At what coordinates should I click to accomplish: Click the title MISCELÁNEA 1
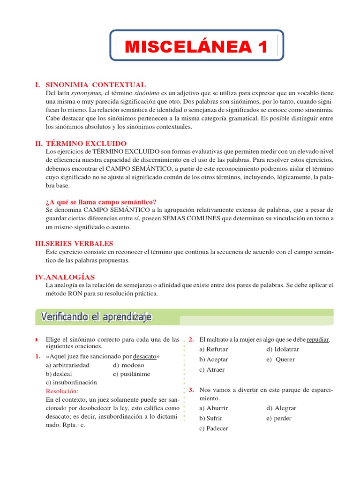click(196, 47)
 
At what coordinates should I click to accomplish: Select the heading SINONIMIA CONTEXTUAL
click(95, 85)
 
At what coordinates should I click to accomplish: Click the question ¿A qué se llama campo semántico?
click(101, 202)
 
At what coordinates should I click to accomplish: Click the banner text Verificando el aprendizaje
click(96, 317)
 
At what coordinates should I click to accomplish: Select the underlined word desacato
click(145, 357)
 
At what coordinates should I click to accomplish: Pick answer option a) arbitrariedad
click(67, 365)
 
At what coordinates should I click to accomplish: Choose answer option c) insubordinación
click(71, 382)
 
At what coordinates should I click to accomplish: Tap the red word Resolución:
click(62, 391)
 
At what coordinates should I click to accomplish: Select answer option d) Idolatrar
click(283, 349)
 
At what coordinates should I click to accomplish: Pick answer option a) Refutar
click(214, 349)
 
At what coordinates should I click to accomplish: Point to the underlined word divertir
click(248, 390)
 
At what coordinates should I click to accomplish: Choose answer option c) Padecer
click(214, 428)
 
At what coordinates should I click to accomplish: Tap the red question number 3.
click(191, 390)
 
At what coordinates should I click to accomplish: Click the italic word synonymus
click(86, 94)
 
